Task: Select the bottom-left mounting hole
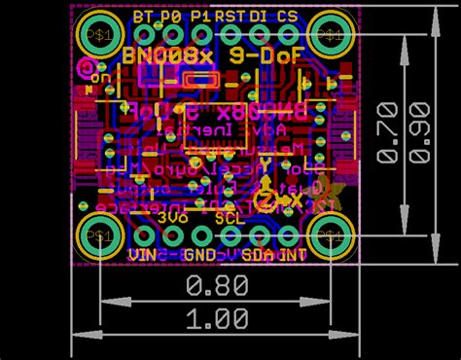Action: (x=100, y=234)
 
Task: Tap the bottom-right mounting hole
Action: (x=331, y=234)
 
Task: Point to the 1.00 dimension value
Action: (x=216, y=318)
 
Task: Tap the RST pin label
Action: (x=230, y=17)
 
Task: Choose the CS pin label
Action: (x=288, y=17)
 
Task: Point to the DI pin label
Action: (x=260, y=17)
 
